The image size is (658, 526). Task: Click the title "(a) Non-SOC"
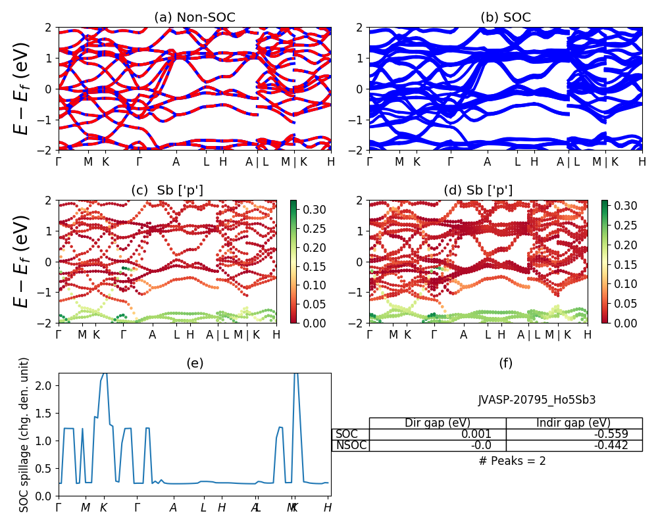[x=195, y=18]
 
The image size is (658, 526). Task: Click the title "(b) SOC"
[x=505, y=18]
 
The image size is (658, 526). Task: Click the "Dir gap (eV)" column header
[x=438, y=423]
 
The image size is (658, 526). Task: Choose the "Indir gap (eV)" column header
[x=574, y=423]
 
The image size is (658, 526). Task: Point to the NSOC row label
[x=351, y=445]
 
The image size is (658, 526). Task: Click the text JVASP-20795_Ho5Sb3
[x=537, y=399]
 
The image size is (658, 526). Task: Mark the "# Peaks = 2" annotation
[x=512, y=461]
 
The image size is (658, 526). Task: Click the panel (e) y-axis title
[x=24, y=435]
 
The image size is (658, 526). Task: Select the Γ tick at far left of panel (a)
[x=59, y=162]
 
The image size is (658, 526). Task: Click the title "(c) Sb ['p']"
[x=167, y=191]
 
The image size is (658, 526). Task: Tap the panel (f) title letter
[x=505, y=363]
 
